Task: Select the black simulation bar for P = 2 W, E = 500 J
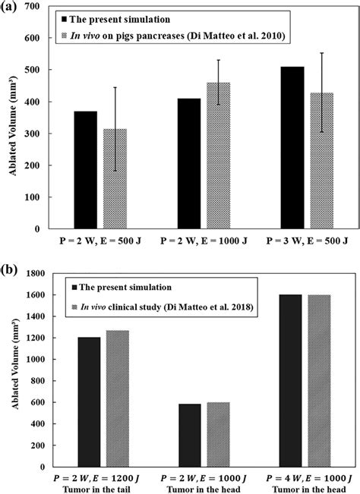pyautogui.click(x=85, y=170)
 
